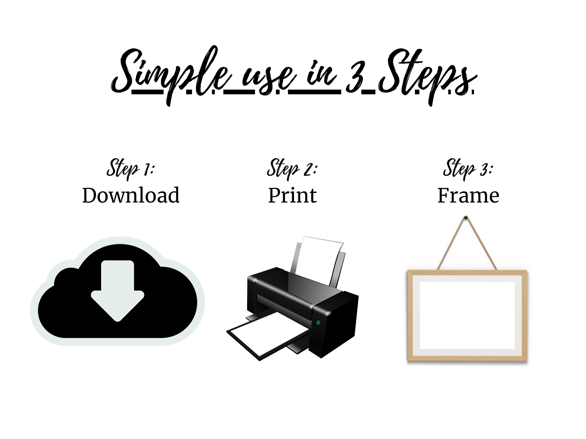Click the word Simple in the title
[x=171, y=76]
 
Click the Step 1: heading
[x=130, y=169]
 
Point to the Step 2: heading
[x=292, y=169]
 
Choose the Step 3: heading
[x=468, y=169]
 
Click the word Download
[x=131, y=195]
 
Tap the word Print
[x=292, y=195]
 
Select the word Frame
[x=468, y=195]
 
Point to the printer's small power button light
[x=318, y=322]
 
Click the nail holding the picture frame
[x=466, y=218]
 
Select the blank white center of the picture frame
[x=467, y=315]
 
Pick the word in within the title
[x=322, y=74]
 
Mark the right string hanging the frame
[x=481, y=243]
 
